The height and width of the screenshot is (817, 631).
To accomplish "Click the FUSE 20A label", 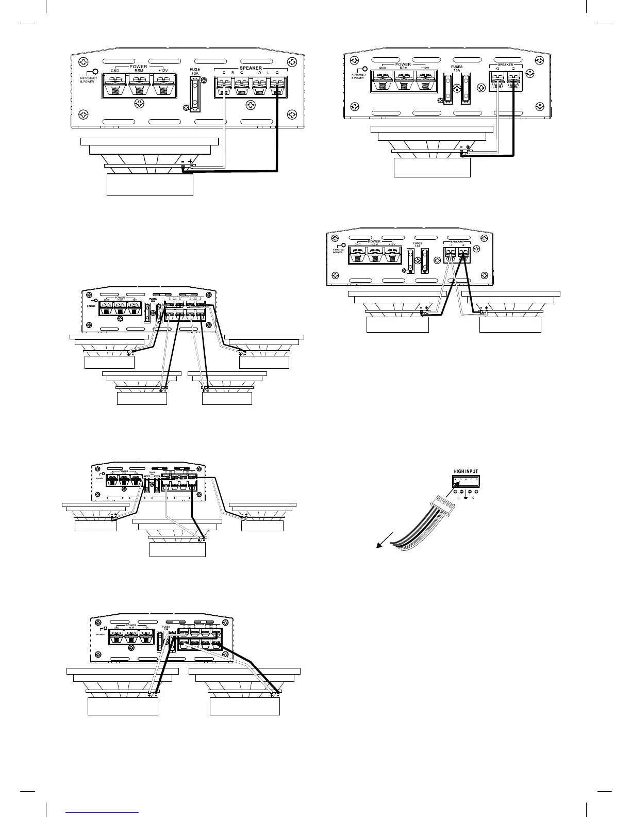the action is (x=194, y=71).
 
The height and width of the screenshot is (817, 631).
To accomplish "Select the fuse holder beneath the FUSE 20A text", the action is (x=195, y=94).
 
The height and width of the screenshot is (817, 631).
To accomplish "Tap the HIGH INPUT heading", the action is (x=466, y=471).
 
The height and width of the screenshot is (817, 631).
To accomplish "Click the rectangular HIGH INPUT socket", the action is (x=466, y=481).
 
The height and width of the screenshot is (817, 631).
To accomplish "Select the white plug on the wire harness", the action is (x=444, y=503).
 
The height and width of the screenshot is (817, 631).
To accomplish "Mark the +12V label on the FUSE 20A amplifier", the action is (x=162, y=71).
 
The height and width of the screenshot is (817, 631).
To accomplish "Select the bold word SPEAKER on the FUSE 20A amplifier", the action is (x=250, y=68).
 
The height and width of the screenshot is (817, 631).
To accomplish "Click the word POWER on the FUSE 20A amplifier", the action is (x=138, y=67).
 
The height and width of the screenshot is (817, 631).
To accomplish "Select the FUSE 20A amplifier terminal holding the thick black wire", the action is (x=278, y=85).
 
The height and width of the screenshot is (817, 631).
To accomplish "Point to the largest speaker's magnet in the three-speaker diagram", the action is (x=177, y=547).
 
